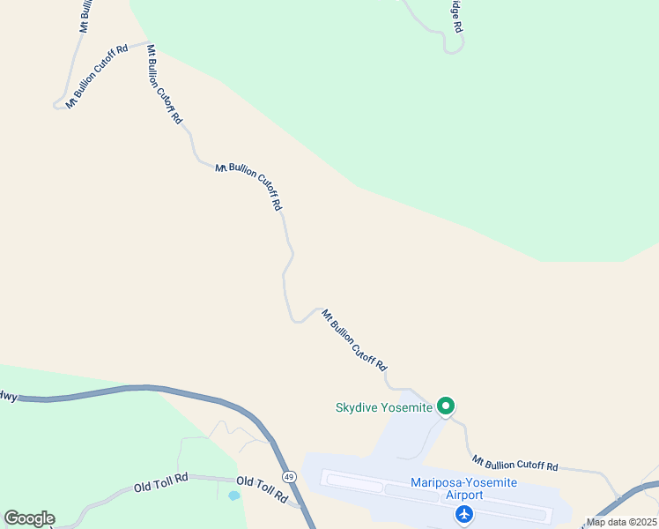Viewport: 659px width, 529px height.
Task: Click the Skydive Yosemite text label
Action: tap(383, 407)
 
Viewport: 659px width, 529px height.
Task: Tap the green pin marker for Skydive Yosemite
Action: tap(446, 406)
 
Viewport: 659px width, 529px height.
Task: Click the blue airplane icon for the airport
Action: tap(464, 515)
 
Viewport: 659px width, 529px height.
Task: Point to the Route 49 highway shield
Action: tap(289, 477)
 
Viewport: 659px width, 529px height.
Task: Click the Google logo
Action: tap(29, 518)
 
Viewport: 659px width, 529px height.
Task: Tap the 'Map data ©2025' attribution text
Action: tap(620, 521)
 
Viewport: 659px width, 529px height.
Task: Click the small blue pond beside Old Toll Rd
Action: tap(233, 495)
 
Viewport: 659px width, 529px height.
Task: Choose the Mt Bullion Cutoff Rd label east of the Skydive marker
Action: tap(515, 462)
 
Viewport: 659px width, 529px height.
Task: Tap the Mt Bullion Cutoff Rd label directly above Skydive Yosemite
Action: tap(354, 339)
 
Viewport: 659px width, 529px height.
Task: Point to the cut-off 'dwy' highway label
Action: tap(7, 396)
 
